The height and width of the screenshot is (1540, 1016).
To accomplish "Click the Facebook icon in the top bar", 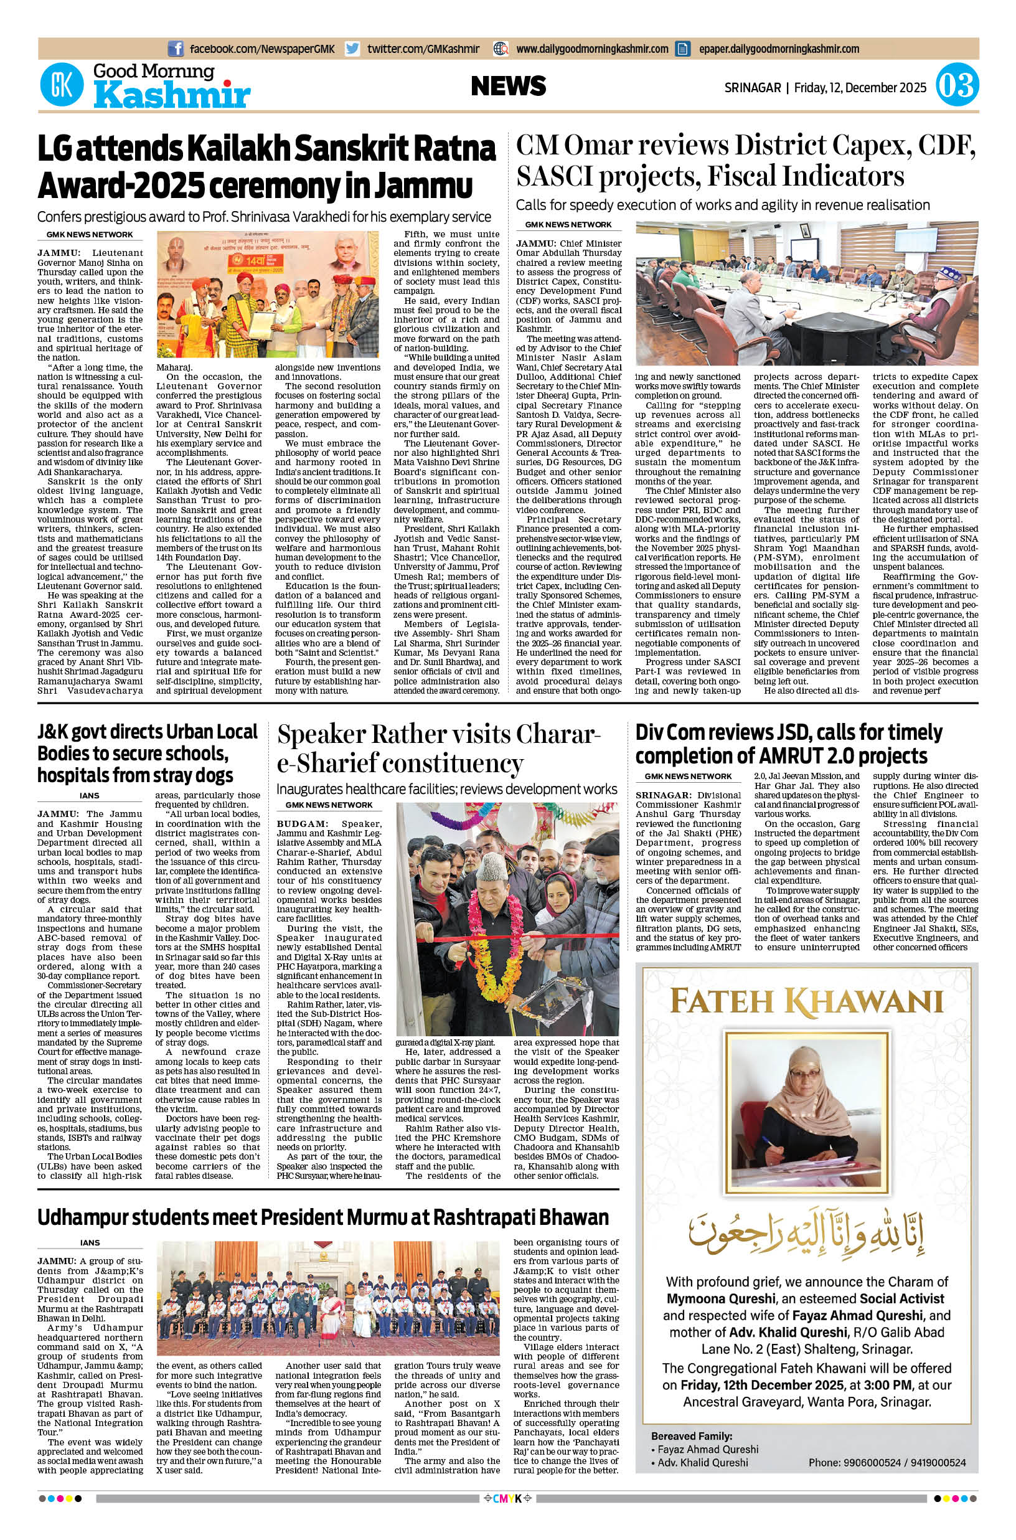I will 175,49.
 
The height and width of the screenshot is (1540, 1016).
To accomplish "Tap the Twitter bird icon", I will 352,49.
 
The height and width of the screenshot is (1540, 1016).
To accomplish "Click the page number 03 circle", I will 957,87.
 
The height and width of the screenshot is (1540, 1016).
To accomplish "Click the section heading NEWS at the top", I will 509,85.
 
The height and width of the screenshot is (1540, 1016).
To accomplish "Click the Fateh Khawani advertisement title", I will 806,1000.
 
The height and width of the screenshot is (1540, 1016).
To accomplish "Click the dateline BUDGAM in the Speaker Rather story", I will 296,823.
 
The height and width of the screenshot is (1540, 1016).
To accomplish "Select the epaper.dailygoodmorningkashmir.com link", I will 778,49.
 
